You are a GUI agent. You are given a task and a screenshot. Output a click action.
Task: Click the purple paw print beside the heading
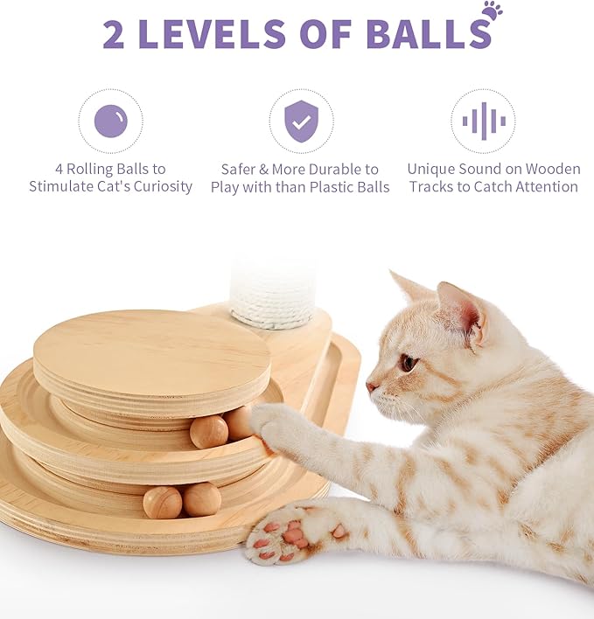pos(492,10)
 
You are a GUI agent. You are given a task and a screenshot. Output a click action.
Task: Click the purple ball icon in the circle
pos(110,122)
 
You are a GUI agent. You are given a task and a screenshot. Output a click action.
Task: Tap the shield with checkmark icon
pos(301,122)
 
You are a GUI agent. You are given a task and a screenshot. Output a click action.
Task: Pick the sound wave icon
pos(483,122)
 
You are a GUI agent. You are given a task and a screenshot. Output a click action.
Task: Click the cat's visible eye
pos(409,361)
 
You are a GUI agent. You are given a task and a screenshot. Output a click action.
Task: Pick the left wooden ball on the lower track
pos(162,503)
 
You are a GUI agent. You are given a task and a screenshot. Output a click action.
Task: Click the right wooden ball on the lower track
pos(202,499)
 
